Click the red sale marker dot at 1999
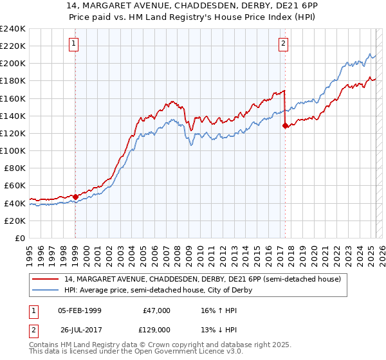tap(75, 197)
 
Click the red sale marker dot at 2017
tap(285, 126)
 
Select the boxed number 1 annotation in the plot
tap(75, 44)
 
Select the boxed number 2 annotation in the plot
tap(284, 44)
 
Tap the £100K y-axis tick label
tap(13, 150)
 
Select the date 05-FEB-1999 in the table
tap(79, 310)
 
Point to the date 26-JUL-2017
tap(79, 330)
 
